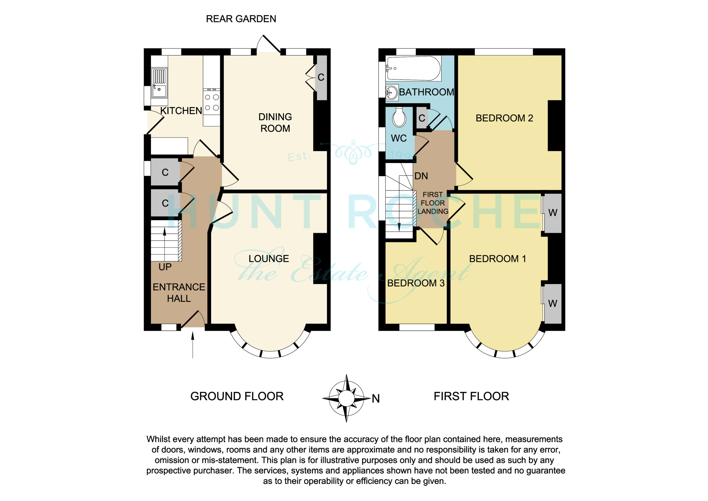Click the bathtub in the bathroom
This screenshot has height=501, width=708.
(413, 69)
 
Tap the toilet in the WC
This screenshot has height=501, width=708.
(399, 117)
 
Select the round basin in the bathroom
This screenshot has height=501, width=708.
(392, 92)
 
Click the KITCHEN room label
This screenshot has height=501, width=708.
(181, 111)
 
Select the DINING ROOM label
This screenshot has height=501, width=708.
(275, 123)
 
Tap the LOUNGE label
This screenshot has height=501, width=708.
(269, 259)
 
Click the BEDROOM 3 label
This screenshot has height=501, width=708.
(416, 283)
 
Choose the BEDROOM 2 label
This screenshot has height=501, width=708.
(504, 118)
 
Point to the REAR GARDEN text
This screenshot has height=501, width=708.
(241, 19)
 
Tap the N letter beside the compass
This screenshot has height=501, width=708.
(376, 399)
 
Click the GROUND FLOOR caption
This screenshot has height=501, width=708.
(237, 396)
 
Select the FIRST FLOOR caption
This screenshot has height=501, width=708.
(471, 396)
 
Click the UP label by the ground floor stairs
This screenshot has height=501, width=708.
(165, 267)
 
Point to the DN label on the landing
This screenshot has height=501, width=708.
(421, 176)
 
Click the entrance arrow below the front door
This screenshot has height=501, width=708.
(193, 345)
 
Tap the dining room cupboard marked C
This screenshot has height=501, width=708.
(322, 78)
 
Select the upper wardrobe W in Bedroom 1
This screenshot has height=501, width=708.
(553, 213)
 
